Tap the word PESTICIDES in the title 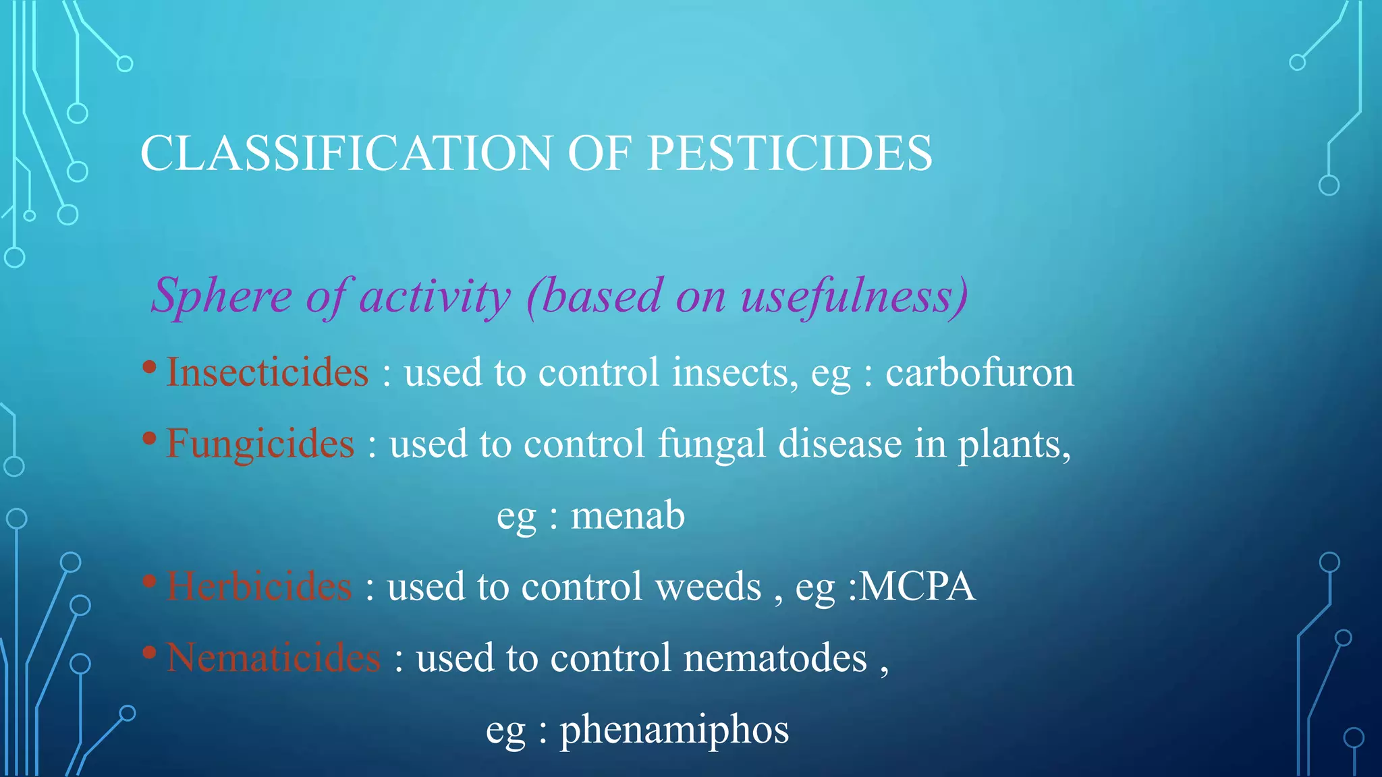pyautogui.click(x=790, y=153)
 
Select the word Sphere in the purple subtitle pyautogui.click(x=221, y=296)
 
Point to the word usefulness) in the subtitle pyautogui.click(x=854, y=296)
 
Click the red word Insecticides pyautogui.click(x=267, y=372)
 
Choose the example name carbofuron pyautogui.click(x=979, y=372)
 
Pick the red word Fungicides pyautogui.click(x=260, y=444)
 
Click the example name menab pyautogui.click(x=628, y=515)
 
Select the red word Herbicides pyautogui.click(x=259, y=586)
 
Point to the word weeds pyautogui.click(x=708, y=586)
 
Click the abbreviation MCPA pyautogui.click(x=917, y=586)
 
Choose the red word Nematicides pyautogui.click(x=273, y=658)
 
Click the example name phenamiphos pyautogui.click(x=674, y=730)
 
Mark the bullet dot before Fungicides pyautogui.click(x=150, y=439)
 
